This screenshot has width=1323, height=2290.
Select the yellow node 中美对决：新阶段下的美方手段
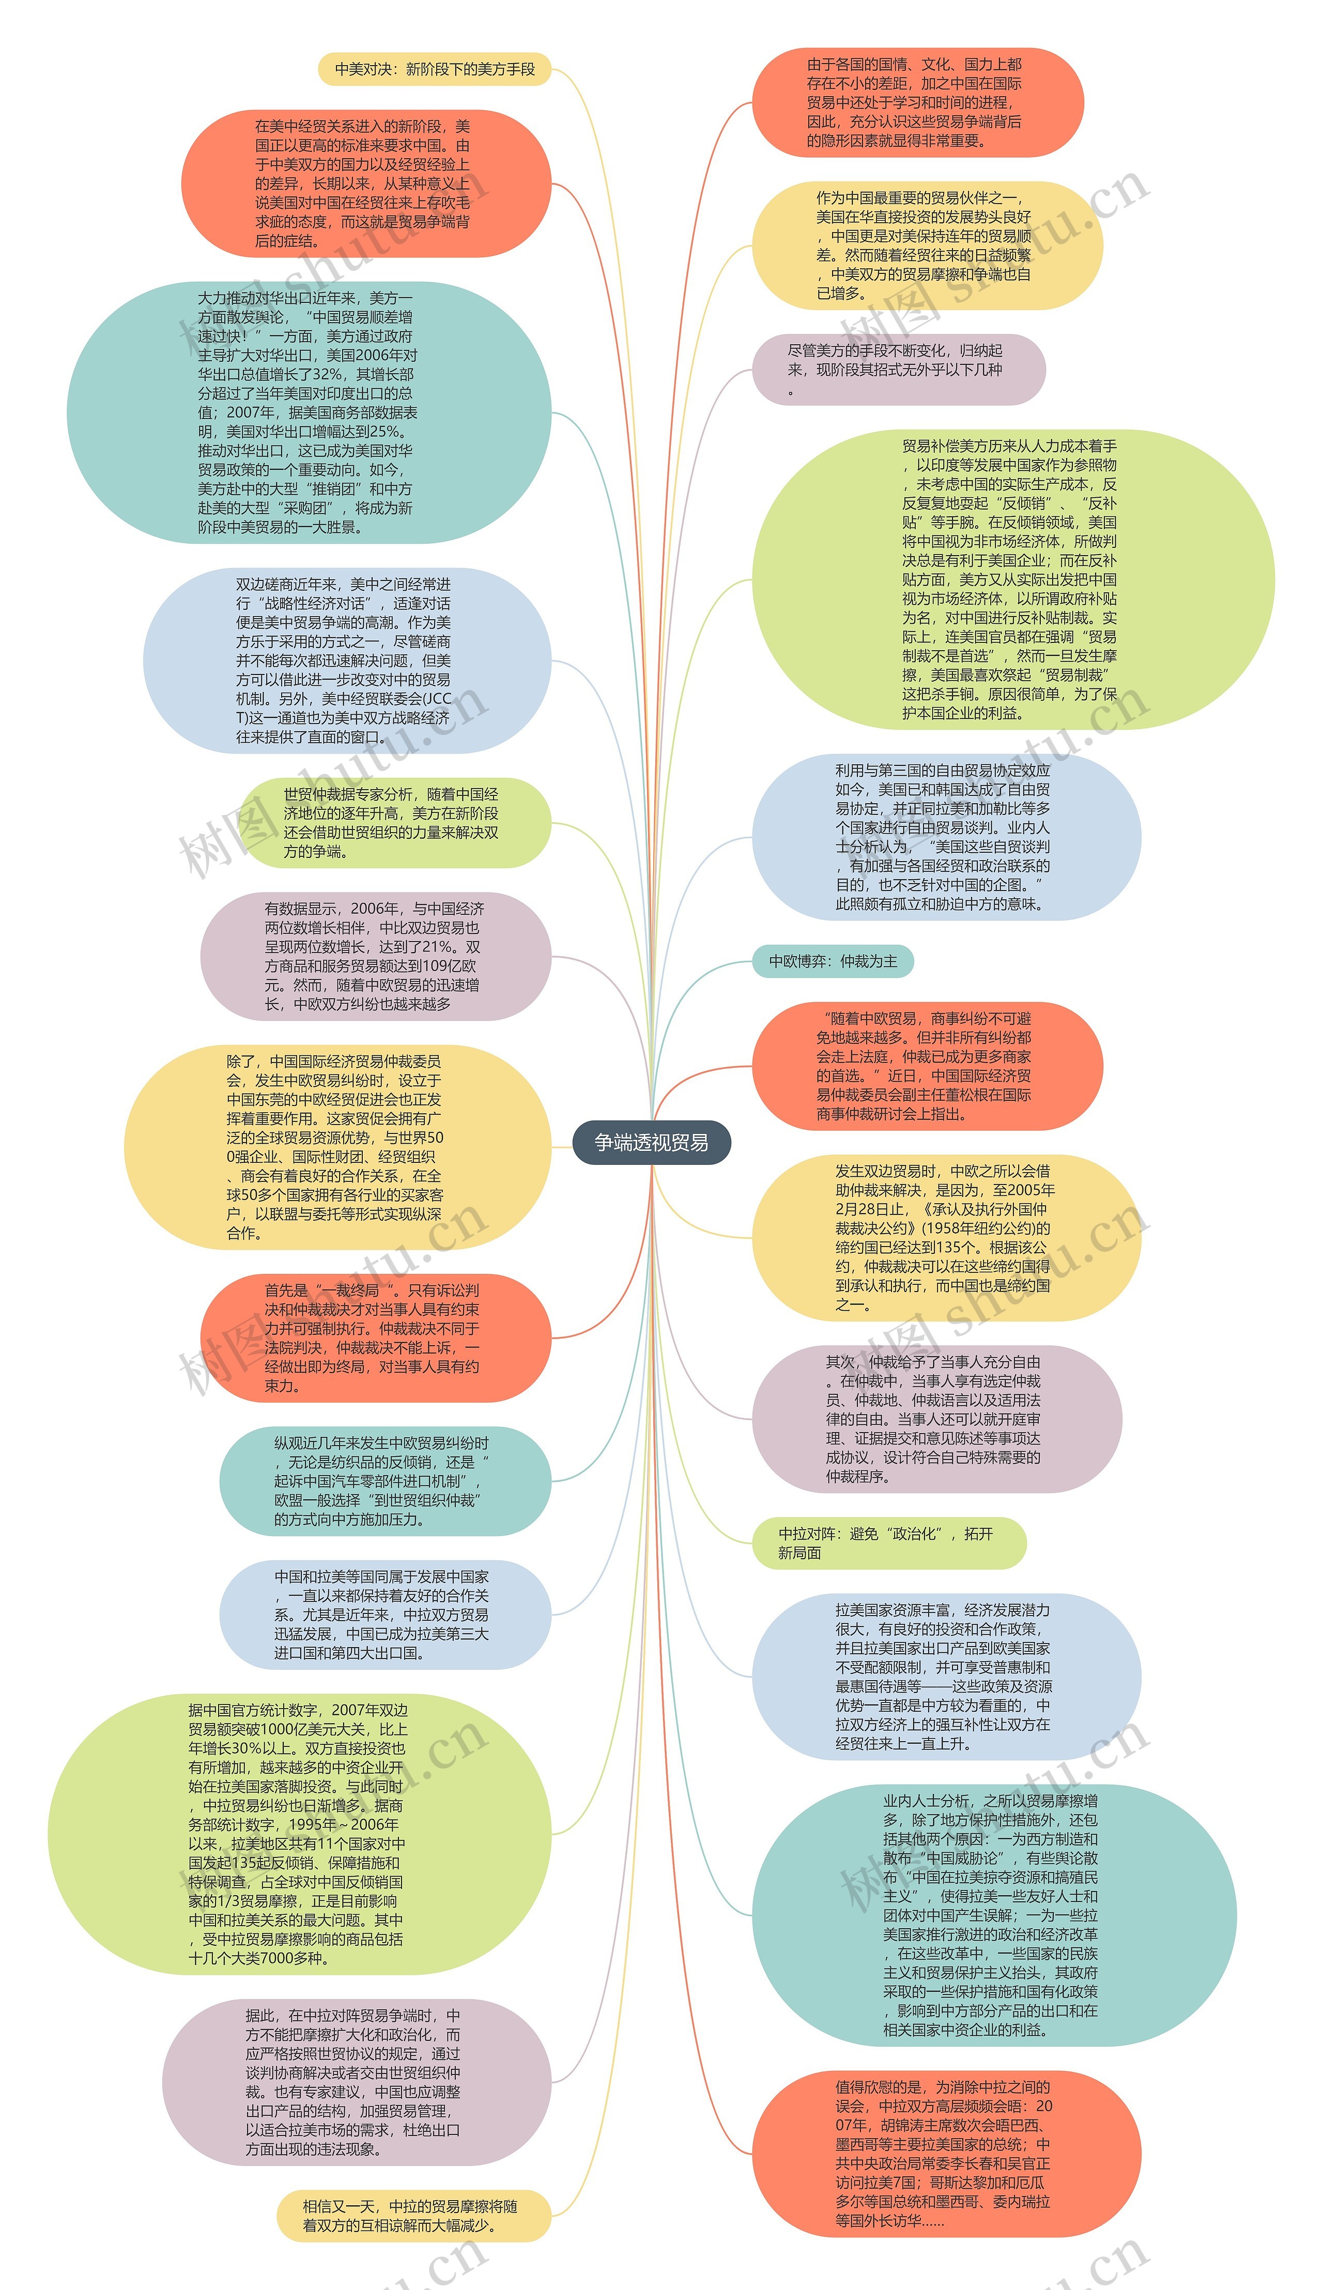pos(434,69)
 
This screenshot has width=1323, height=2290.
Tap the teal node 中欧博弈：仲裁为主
pos(833,961)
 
